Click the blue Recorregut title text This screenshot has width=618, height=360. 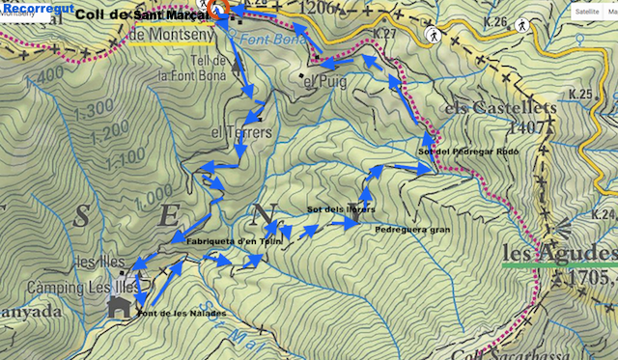click(x=38, y=9)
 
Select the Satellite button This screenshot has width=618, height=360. click(x=586, y=13)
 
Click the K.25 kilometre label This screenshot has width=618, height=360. click(x=579, y=94)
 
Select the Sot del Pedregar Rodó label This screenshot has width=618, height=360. click(x=469, y=152)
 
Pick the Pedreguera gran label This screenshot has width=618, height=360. click(x=412, y=230)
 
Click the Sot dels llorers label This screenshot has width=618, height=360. click(x=341, y=209)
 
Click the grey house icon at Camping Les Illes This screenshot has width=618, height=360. click(x=120, y=307)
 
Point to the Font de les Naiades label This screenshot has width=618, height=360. click(x=182, y=314)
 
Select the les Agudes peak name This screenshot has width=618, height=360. click(x=558, y=254)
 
